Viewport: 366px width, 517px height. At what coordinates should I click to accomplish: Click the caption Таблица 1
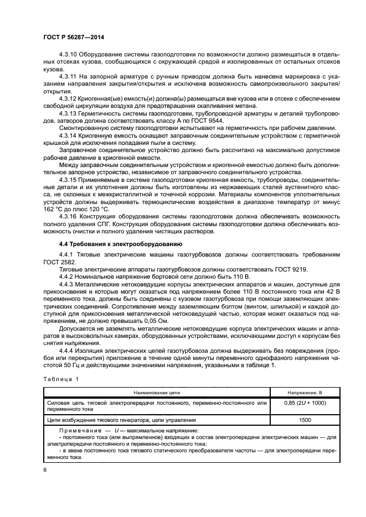click(60, 379)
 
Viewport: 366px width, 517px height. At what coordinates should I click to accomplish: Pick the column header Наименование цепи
click(156, 392)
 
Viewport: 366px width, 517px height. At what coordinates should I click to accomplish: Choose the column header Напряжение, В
click(305, 392)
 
